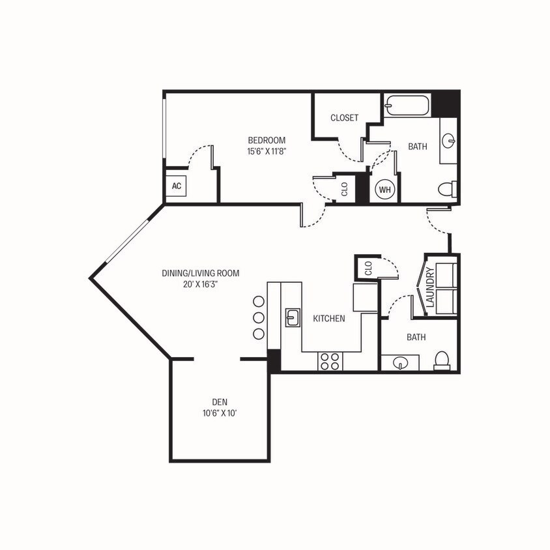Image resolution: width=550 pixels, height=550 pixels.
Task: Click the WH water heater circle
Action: (384, 189)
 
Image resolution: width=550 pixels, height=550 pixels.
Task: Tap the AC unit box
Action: (176, 186)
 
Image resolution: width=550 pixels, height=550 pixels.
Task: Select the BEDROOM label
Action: (267, 140)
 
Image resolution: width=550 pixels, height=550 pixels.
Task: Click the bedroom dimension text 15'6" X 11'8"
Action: (267, 151)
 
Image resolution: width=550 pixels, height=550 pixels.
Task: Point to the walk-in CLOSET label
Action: (344, 118)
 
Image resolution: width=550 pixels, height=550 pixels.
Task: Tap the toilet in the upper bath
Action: (446, 190)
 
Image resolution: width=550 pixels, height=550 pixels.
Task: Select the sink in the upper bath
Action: (449, 141)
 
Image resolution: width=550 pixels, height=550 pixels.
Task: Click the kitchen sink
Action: (292, 317)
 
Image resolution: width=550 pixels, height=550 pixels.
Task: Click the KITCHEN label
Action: (329, 319)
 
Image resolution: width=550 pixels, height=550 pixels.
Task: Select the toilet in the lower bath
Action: (442, 360)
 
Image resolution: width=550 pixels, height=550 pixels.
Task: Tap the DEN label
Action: (218, 402)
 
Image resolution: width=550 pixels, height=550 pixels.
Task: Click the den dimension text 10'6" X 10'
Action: (218, 412)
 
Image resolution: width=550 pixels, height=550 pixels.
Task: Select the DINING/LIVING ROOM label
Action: (201, 273)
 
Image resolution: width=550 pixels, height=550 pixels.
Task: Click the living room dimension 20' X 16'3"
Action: (201, 283)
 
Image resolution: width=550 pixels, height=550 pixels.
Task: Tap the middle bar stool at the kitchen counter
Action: (258, 317)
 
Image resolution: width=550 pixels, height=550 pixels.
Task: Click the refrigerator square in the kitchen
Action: (365, 297)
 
